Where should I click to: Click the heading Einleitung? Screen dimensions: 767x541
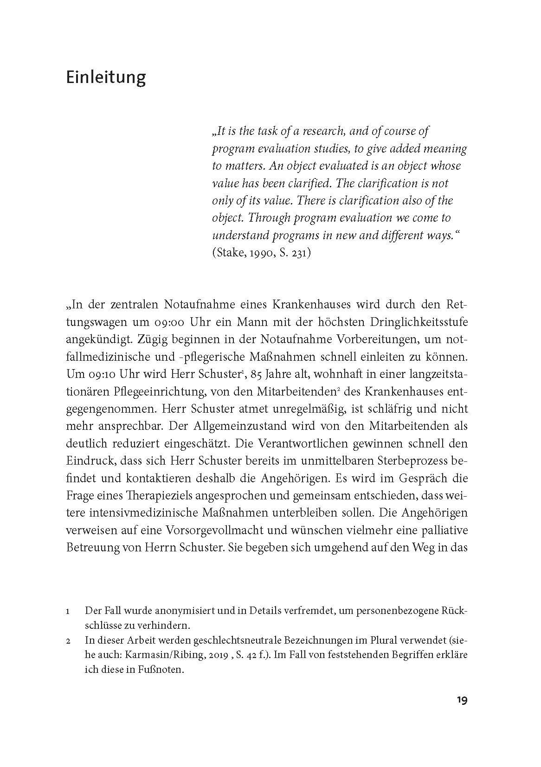click(x=106, y=77)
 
